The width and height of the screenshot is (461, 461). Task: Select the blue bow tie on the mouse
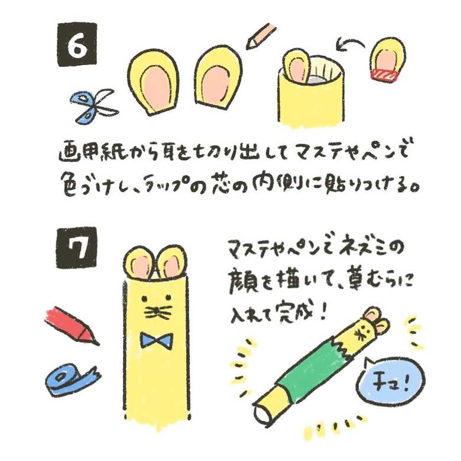[156, 341]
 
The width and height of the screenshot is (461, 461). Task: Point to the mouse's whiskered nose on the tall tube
[156, 310]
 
